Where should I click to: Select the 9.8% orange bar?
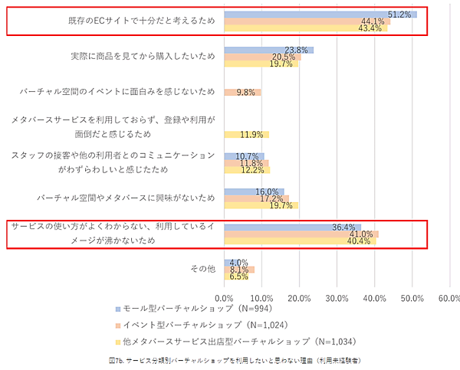coord(242,93)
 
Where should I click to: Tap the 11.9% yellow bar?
coord(246,135)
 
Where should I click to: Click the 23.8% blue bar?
coord(268,50)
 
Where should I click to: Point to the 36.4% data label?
coord(346,227)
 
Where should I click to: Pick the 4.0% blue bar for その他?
coord(232,262)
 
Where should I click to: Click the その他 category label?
coord(202,269)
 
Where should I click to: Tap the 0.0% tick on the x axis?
coord(224,297)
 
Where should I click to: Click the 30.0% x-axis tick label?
coord(337,297)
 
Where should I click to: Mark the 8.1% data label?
coord(239,270)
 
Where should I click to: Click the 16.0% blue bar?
coord(254,192)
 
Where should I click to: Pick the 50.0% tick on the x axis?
coord(412,297)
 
